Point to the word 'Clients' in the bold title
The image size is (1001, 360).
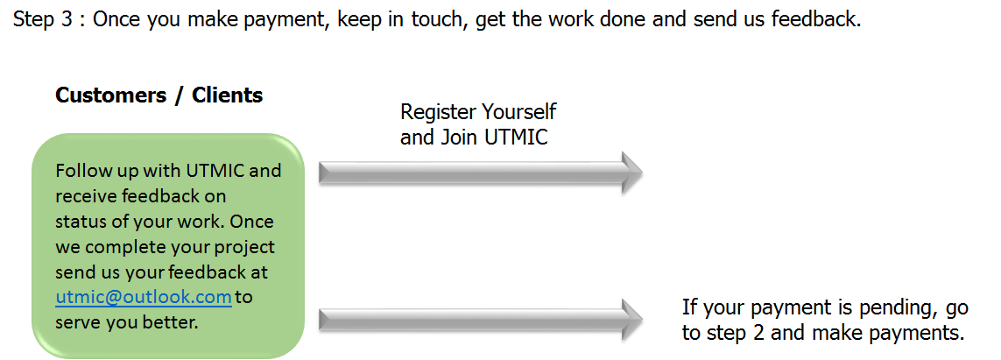pyautogui.click(x=228, y=95)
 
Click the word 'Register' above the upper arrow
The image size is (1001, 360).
pyautogui.click(x=434, y=113)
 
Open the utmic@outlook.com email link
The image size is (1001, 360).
pyautogui.click(x=144, y=297)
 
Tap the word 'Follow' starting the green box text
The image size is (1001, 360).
pyautogui.click(x=80, y=171)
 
